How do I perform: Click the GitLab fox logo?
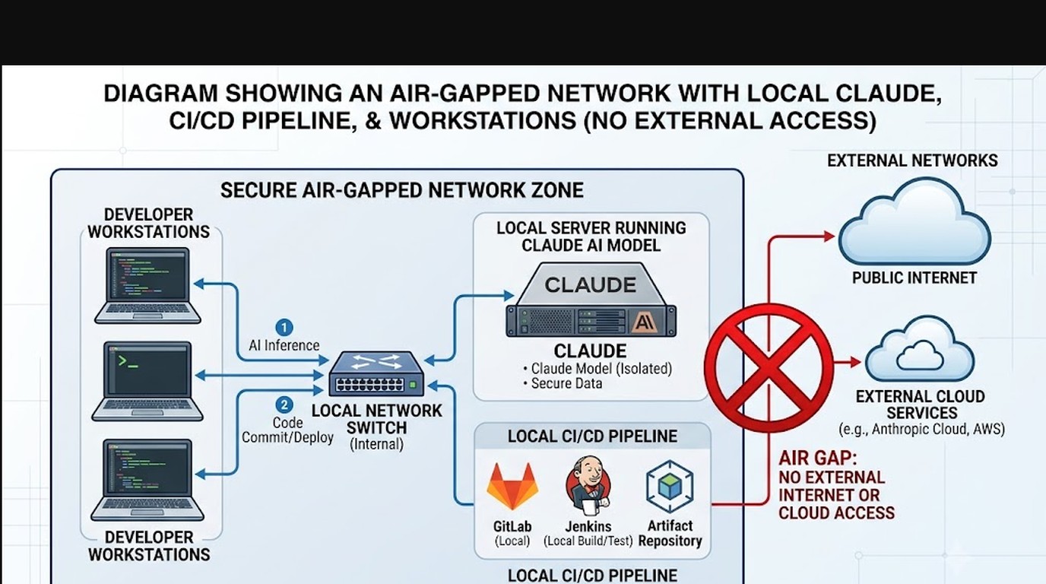point(512,486)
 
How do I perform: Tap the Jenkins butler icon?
point(588,484)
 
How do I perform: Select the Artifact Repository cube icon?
point(670,486)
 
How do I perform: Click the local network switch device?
point(376,374)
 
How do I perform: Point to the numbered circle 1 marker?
point(284,327)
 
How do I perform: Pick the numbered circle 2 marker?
point(284,405)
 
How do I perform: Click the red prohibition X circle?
point(769,368)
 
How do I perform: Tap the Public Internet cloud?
point(914,223)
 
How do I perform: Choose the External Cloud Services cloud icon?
point(919,351)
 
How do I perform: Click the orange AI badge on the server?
point(645,322)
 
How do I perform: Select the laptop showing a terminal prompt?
point(147,381)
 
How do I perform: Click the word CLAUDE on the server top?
point(590,285)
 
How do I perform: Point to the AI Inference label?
point(284,345)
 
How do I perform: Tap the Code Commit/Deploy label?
point(287,430)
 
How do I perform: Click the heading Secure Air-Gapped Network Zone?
point(402,190)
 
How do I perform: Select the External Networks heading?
point(912,160)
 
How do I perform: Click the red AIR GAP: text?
point(818,459)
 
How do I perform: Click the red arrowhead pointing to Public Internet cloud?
point(830,236)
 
